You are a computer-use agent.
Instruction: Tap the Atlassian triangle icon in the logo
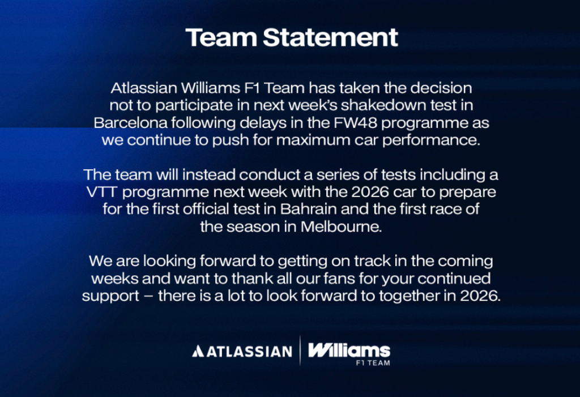click(x=197, y=351)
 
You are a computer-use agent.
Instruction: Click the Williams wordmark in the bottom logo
click(x=349, y=349)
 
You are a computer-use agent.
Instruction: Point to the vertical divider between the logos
click(x=300, y=351)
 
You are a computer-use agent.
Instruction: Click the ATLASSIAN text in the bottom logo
click(x=249, y=351)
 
